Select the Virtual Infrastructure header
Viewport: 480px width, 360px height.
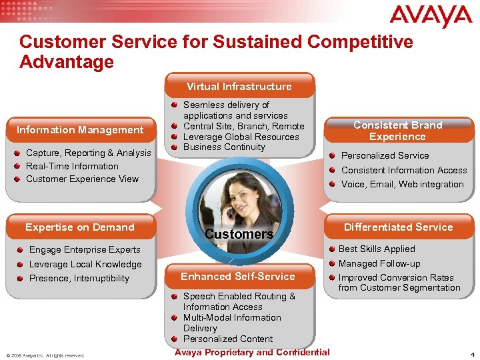pyautogui.click(x=239, y=87)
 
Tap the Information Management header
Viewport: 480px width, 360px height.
pyautogui.click(x=80, y=130)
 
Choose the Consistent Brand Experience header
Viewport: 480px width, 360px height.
pyautogui.click(x=397, y=131)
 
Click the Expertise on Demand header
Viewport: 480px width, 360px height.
pyautogui.click(x=80, y=227)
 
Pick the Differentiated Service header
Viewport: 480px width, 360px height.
pyautogui.click(x=398, y=227)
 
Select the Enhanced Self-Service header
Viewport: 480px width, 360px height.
pyautogui.click(x=238, y=277)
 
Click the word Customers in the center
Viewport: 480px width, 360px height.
pyautogui.click(x=239, y=234)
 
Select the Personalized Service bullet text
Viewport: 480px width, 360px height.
pyautogui.click(x=385, y=155)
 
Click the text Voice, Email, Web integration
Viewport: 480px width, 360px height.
pyautogui.click(x=402, y=184)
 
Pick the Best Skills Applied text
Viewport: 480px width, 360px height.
pyautogui.click(x=377, y=249)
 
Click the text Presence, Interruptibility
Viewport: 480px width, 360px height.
pyautogui.click(x=79, y=278)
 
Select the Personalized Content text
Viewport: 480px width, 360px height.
pyautogui.click(x=228, y=339)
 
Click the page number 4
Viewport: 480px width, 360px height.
pyautogui.click(x=472, y=354)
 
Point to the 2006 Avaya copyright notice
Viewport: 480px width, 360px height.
pyautogui.click(x=45, y=355)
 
